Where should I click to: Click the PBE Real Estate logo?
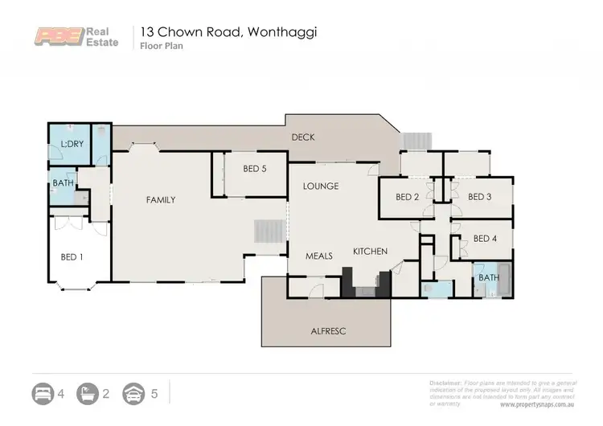click(x=78, y=37)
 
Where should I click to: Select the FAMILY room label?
click(x=160, y=199)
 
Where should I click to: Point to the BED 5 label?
click(x=255, y=169)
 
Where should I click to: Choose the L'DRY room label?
click(x=72, y=144)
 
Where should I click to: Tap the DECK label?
click(x=302, y=137)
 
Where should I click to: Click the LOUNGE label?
click(x=320, y=186)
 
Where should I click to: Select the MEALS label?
click(x=319, y=256)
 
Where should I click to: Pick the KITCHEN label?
click(x=370, y=252)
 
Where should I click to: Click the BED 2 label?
click(x=408, y=197)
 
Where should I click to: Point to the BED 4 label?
click(x=485, y=238)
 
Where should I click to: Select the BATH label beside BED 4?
click(x=488, y=277)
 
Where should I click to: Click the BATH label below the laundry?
click(x=64, y=183)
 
